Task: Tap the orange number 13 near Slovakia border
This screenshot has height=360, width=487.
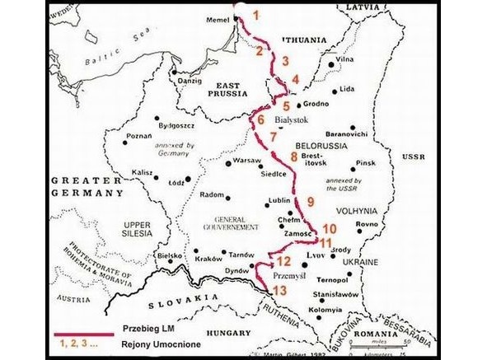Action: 281,291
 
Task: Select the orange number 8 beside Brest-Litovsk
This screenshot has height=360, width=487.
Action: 294,157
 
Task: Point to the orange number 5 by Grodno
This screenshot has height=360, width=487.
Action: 287,106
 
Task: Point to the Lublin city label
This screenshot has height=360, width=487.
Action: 281,200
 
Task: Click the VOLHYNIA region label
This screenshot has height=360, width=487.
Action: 354,211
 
